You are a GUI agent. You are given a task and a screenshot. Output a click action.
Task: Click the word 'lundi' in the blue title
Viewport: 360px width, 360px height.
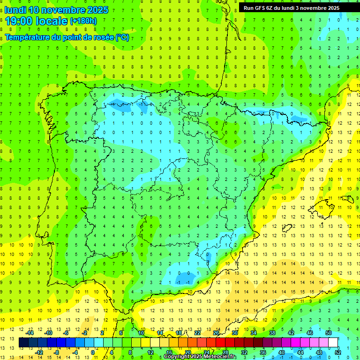[15, 10]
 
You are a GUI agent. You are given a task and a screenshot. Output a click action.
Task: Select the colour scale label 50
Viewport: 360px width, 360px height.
[328, 333]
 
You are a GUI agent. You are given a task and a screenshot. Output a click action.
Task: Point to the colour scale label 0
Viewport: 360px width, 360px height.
[92, 352]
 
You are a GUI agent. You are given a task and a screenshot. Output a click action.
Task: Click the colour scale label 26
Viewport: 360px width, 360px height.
[216, 333]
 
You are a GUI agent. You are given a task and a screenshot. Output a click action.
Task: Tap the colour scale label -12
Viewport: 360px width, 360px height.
[39, 352]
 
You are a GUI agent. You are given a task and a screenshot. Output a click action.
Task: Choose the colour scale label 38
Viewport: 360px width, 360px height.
[272, 333]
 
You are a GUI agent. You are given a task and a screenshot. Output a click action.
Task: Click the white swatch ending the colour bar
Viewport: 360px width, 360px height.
[333, 342]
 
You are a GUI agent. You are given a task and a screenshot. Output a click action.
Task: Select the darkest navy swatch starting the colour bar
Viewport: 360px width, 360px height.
[23, 342]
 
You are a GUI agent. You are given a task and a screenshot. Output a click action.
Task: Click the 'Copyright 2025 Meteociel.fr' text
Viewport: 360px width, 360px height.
[200, 357]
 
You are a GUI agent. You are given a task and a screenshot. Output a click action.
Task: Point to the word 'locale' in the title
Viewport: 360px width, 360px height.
[52, 21]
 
